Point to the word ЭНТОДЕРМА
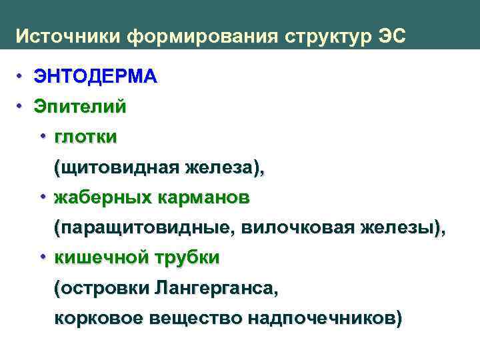(96, 77)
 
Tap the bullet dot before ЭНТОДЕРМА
(21, 75)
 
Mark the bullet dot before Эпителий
(21, 105)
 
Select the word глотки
(86, 137)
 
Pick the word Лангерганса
(213, 289)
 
